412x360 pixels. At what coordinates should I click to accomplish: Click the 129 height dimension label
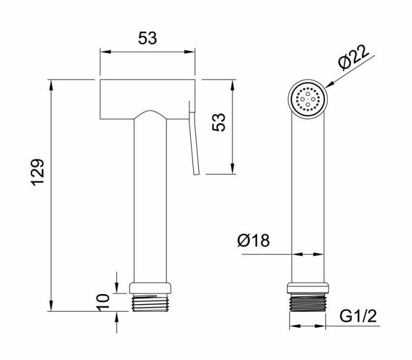click(38, 172)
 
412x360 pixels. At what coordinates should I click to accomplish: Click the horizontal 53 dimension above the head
click(147, 38)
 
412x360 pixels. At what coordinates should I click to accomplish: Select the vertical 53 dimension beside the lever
click(218, 122)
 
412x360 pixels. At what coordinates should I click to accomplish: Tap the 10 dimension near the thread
click(103, 302)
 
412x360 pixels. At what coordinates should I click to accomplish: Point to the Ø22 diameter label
click(353, 58)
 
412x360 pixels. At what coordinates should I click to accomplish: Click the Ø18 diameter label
click(254, 240)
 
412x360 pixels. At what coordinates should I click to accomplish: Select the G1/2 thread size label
click(358, 316)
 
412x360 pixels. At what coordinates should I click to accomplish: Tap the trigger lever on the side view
click(194, 138)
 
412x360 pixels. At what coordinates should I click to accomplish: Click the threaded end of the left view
click(150, 303)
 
